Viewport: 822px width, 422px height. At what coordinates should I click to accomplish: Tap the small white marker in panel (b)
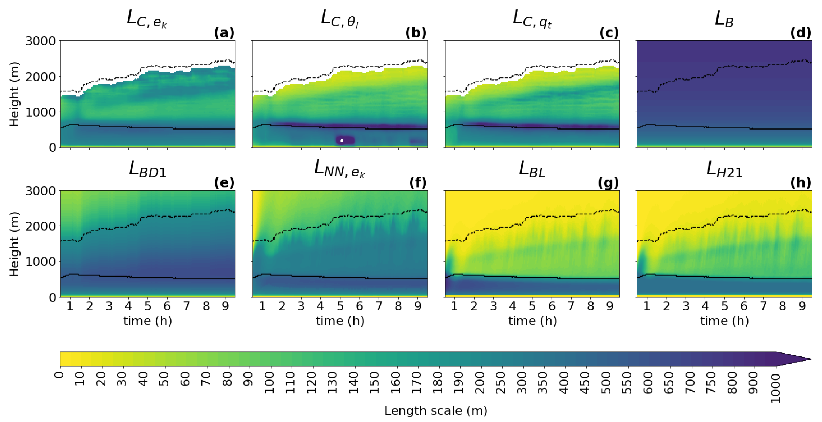coord(342,140)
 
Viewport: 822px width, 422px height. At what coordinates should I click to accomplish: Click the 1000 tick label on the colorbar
coord(776,389)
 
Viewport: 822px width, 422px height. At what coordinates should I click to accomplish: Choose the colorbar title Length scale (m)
coord(436,411)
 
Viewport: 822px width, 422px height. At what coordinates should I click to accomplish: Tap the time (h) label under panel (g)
coord(532,321)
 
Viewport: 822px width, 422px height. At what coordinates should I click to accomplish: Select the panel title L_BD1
coord(148,169)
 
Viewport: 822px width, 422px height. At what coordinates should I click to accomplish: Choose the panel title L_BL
coord(532,169)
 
